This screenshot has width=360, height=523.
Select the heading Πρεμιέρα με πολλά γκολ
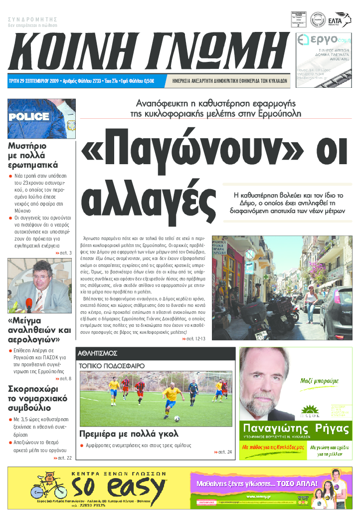pyautogui.click(x=129, y=434)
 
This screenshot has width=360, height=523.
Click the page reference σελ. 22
pyautogui.click(x=63, y=458)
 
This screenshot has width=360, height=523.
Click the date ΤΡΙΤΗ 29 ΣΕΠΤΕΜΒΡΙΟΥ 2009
pyautogui.click(x=34, y=81)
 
